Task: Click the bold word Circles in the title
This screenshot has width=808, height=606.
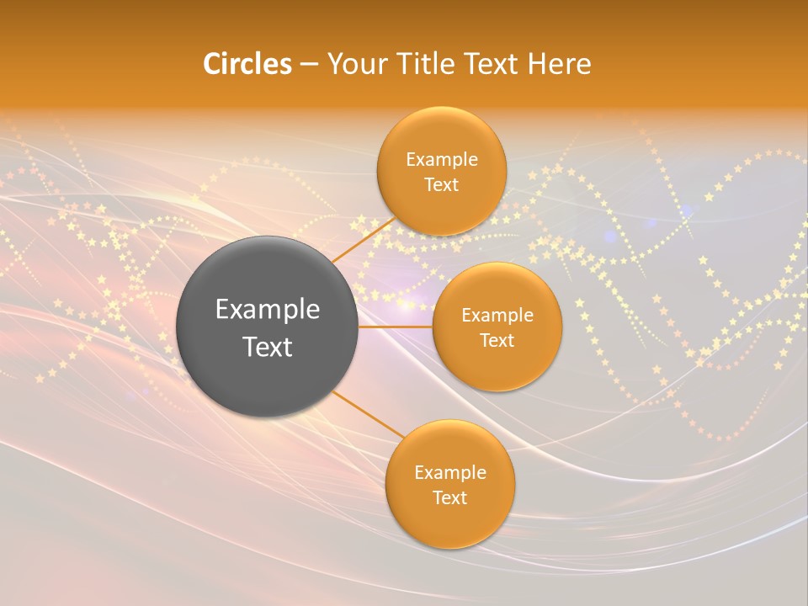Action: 247,64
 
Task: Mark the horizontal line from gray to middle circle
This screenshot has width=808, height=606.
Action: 396,327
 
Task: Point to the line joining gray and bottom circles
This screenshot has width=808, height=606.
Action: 369,414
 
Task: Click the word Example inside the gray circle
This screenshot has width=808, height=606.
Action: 268,309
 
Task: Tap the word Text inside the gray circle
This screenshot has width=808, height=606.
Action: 268,346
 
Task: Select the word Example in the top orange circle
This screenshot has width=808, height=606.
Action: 441,159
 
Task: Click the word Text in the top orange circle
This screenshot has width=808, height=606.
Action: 441,184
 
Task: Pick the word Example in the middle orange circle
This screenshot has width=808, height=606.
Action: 497,315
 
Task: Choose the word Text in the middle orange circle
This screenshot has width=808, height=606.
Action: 497,340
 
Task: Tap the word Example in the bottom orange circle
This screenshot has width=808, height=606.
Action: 449,472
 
